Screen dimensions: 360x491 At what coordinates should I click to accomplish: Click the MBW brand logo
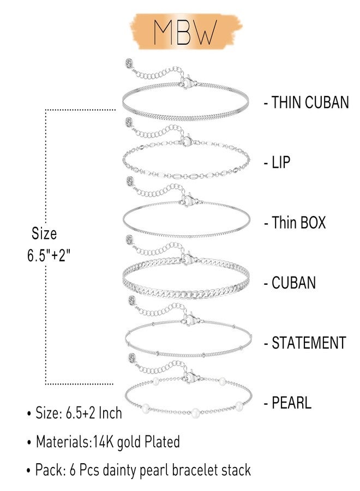pos(185,32)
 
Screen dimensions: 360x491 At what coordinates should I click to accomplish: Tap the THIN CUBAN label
pos(310,103)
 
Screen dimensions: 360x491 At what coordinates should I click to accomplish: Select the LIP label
pos(280,162)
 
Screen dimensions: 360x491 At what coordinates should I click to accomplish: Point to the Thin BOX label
pos(299,223)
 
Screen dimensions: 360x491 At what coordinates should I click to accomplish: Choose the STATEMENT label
pos(309,343)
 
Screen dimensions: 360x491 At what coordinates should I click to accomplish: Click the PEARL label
pos(291,403)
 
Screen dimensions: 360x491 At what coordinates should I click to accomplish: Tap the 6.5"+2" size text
pos(49,255)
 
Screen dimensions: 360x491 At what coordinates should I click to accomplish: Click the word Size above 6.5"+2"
pos(44,233)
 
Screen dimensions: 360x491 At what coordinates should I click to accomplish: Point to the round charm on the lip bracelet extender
pos(129,122)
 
